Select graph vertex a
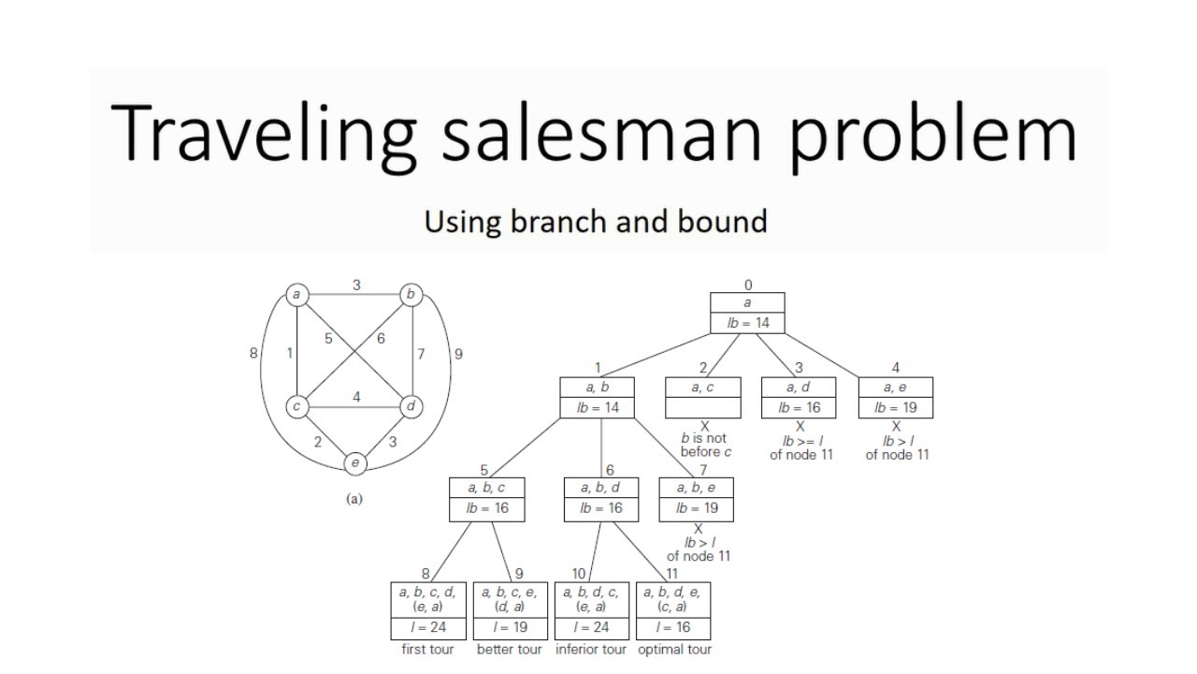(296, 295)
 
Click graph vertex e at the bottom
(354, 462)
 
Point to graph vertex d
(411, 407)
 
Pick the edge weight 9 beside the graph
(457, 354)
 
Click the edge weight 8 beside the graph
(253, 354)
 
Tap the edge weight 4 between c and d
(356, 397)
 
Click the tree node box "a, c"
(702, 397)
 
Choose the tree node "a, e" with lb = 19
(895, 397)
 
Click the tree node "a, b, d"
(601, 498)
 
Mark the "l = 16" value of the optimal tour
(673, 627)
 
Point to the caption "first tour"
(427, 650)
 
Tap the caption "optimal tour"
(674, 650)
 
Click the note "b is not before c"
(705, 445)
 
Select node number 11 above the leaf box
(671, 574)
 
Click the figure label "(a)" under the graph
(354, 499)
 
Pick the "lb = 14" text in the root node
(747, 323)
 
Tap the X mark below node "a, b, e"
(698, 530)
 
